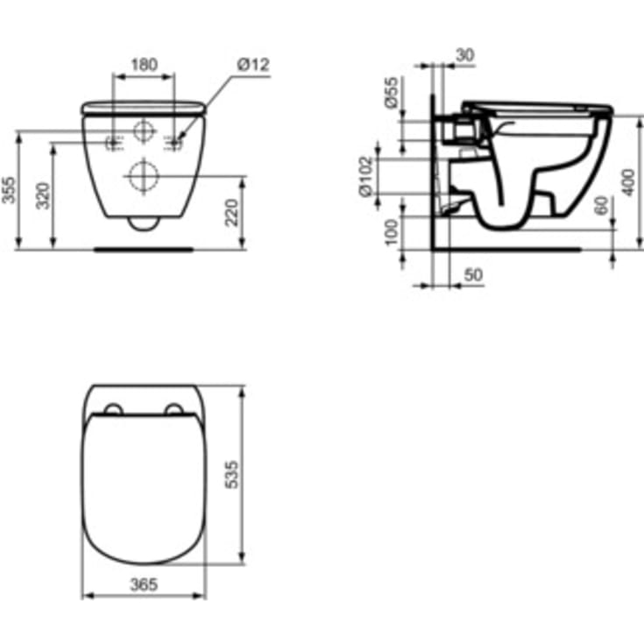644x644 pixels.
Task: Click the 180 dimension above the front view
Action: click(144, 64)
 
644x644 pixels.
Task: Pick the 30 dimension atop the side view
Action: click(464, 54)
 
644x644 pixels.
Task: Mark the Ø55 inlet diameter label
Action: click(392, 92)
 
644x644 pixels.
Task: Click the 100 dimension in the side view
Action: click(392, 231)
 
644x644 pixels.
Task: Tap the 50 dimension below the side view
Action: click(472, 275)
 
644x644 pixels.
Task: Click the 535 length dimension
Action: click(233, 473)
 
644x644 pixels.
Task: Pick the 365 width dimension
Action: click(143, 584)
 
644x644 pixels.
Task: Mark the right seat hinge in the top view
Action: click(173, 409)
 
